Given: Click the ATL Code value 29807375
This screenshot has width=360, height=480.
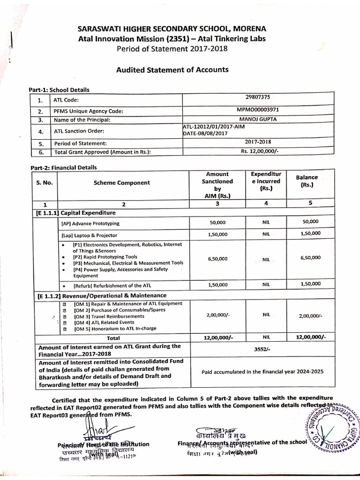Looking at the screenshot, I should (258, 97).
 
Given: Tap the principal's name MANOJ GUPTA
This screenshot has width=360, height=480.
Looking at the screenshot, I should (258, 119).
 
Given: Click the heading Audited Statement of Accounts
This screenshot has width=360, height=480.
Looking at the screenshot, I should (172, 70).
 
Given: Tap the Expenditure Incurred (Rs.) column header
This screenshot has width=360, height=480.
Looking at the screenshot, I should (266, 181).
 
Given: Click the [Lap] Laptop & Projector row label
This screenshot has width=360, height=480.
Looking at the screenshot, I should (90, 235).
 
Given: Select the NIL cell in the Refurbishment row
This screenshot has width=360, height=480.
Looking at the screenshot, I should (266, 285).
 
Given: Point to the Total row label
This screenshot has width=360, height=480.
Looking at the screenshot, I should (113, 337).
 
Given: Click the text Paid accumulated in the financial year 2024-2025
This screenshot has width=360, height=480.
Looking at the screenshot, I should (262, 372).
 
